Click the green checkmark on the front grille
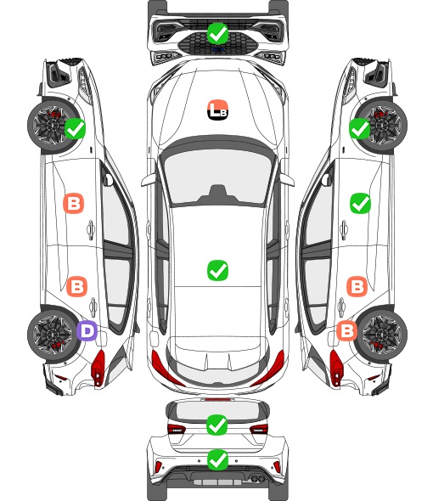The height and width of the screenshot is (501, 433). tap(217, 33)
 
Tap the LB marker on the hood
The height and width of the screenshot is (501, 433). tap(217, 110)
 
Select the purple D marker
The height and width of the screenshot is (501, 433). tap(87, 330)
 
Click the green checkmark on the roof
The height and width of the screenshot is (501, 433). tap(217, 270)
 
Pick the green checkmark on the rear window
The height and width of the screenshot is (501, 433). tap(217, 425)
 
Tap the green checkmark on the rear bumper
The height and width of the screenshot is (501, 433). tap(217, 460)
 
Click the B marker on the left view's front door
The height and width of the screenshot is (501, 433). tap(74, 203)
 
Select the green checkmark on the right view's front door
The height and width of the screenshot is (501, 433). tap(360, 203)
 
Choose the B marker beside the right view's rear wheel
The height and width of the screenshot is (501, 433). tap(346, 330)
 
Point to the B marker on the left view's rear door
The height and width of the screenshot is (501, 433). tap(76, 286)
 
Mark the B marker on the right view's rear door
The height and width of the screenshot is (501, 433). tap(357, 286)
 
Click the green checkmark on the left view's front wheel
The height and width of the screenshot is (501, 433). tap(75, 128)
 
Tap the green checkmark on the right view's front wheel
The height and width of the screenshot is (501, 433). tap(359, 128)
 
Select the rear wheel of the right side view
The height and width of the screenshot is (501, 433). tap(382, 335)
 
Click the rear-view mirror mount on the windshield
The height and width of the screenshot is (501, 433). tap(217, 194)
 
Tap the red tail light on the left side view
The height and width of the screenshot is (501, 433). tap(98, 368)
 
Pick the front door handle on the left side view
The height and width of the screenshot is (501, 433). tap(91, 230)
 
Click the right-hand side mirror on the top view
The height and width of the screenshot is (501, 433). tap(287, 179)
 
